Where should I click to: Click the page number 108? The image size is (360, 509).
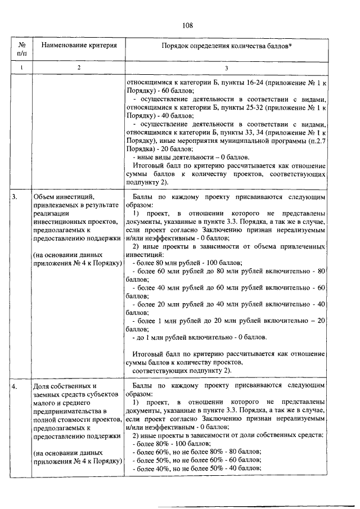click(188, 25)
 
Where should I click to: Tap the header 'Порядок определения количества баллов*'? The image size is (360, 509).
click(226, 45)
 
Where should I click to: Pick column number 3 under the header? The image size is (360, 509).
click(226, 67)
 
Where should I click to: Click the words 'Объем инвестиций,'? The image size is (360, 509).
click(63, 197)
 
